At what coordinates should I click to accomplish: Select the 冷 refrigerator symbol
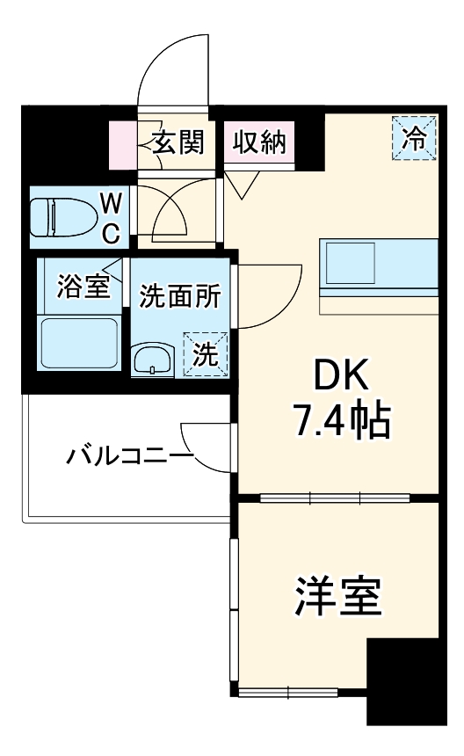pyautogui.click(x=413, y=139)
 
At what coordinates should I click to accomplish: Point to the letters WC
pyautogui.click(x=111, y=218)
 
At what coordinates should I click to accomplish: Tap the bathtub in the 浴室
pyautogui.click(x=79, y=345)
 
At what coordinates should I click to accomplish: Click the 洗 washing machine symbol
pyautogui.click(x=205, y=355)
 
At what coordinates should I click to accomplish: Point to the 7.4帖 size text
pyautogui.click(x=341, y=423)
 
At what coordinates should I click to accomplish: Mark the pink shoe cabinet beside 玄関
pyautogui.click(x=122, y=142)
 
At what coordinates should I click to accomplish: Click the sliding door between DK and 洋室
pyautogui.click(x=337, y=498)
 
